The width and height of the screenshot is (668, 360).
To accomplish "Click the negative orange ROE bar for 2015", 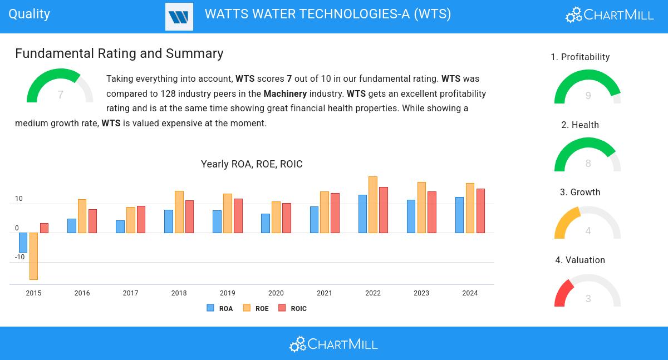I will coord(33,256).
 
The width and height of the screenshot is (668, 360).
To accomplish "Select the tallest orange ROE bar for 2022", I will coord(373,204).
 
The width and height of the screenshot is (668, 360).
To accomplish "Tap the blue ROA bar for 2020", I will coord(266,223).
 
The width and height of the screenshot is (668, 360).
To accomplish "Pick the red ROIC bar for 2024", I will coord(480,210).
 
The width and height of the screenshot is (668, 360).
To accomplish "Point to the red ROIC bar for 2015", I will coord(44,228).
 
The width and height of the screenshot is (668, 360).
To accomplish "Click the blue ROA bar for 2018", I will coord(169,221).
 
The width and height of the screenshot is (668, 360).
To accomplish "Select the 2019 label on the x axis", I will coord(227,293).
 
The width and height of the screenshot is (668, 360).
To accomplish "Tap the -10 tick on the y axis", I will coord(19,257).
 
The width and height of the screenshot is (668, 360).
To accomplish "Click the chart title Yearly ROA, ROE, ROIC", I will coord(252,164).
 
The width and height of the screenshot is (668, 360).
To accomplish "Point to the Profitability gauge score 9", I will coord(588,96).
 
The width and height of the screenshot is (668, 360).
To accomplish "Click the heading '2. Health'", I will coord(580,125).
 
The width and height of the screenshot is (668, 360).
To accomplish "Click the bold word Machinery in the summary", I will coord(285,93).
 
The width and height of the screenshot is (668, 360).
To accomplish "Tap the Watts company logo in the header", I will coord(179,17).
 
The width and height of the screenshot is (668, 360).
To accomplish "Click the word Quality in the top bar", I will coord(29,14).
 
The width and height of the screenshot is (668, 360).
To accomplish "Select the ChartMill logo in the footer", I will coord(333,344).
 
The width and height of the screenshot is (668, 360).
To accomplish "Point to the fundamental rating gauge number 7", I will coord(60,95).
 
